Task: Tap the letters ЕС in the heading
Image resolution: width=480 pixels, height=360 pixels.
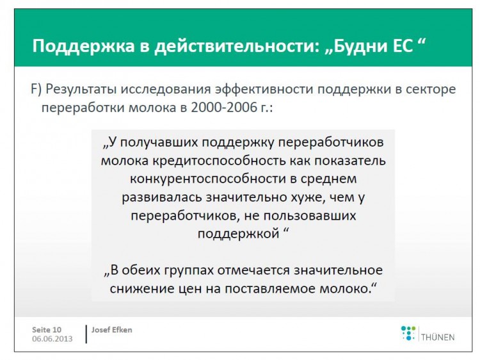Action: click(402, 46)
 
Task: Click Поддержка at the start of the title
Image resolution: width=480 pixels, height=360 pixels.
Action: click(84, 46)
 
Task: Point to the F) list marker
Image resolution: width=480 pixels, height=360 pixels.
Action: click(36, 90)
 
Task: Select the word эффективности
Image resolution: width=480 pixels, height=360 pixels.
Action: click(263, 90)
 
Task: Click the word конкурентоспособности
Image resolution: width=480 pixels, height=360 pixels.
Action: click(208, 179)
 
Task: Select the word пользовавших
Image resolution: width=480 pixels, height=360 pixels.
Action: click(310, 216)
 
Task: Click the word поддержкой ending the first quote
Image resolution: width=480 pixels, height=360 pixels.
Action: click(238, 234)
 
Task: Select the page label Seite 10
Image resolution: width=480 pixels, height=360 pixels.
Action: click(47, 330)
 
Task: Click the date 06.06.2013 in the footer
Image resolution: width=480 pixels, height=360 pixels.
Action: click(52, 339)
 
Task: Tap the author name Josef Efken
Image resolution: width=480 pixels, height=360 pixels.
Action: click(112, 330)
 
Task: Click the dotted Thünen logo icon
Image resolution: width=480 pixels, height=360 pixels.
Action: click(408, 333)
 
